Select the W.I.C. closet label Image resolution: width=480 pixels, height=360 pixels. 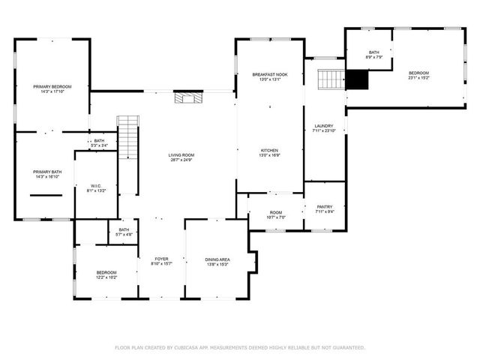pyautogui.click(x=96, y=185)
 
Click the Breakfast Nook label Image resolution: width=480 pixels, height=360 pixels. pyautogui.click(x=270, y=75)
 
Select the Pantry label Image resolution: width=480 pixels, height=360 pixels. pyautogui.click(x=325, y=208)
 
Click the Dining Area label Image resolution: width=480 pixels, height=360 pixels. pyautogui.click(x=217, y=260)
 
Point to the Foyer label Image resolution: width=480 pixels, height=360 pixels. pyautogui.click(x=162, y=259)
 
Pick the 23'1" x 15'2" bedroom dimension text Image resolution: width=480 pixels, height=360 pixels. pyautogui.click(x=418, y=77)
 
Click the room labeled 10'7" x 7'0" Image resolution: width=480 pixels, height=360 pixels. pyautogui.click(x=276, y=213)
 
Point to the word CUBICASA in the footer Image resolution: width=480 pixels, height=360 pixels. pyautogui.click(x=193, y=347)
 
